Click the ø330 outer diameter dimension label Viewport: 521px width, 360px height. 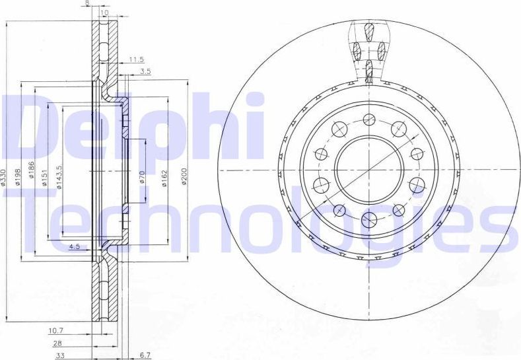click(x=6, y=176)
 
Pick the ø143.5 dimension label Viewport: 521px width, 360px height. click(x=59, y=177)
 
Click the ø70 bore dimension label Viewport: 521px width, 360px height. click(x=141, y=177)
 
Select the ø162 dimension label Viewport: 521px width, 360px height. click(x=163, y=177)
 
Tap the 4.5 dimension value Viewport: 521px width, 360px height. click(x=75, y=247)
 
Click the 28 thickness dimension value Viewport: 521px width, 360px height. click(x=59, y=343)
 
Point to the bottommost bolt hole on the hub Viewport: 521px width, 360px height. click(x=369, y=218)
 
